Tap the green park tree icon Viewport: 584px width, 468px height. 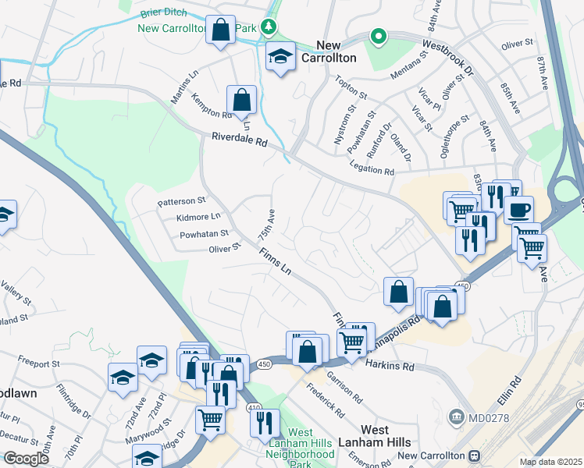point(269,27)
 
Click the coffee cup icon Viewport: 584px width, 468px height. point(518,209)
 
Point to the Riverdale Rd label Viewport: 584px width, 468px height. point(239,140)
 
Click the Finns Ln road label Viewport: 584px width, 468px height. point(275,263)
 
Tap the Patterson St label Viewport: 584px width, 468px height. point(181,201)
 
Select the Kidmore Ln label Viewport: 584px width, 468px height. point(198,216)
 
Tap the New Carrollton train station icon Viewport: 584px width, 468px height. point(473,456)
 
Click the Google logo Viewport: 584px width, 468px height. point(25,459)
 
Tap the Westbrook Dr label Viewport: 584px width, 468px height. point(447,57)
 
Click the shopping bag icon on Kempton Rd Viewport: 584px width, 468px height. point(241,100)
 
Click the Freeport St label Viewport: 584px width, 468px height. point(39,363)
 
